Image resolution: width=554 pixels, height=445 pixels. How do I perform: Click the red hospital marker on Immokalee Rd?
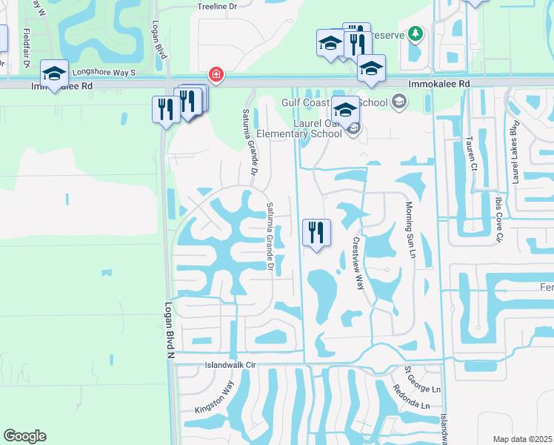(x=216, y=75)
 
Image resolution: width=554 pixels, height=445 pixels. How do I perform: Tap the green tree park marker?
(x=415, y=34)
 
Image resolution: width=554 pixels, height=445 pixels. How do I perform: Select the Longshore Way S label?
(x=104, y=73)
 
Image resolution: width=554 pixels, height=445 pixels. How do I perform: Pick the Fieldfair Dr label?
(x=26, y=48)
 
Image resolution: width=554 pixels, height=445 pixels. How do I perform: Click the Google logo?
(x=24, y=436)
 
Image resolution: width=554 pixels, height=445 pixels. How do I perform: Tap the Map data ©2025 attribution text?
(x=522, y=439)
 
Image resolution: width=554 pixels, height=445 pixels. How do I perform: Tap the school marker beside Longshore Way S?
(x=54, y=74)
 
